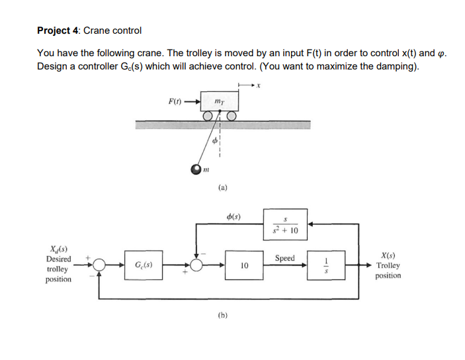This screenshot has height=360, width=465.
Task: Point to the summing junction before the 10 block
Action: [197, 265]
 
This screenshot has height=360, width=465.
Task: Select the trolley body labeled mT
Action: [218, 101]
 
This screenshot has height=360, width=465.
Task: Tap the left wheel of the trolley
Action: [209, 116]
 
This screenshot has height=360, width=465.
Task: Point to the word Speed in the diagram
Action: [284, 257]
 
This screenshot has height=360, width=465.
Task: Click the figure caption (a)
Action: [223, 188]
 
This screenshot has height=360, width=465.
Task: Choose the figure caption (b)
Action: [223, 316]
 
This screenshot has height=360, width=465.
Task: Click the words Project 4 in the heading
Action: [57, 30]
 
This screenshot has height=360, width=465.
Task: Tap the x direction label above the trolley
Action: [259, 85]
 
